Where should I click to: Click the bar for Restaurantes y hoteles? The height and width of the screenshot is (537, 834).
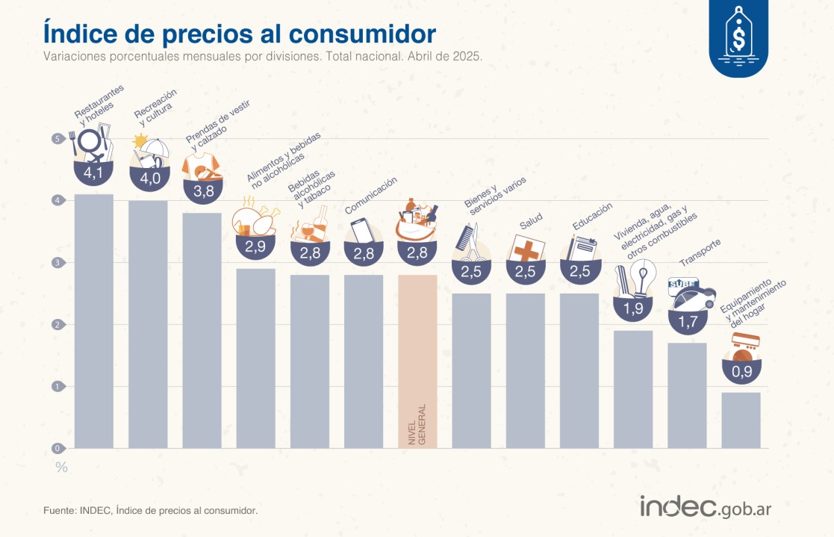point(94,321)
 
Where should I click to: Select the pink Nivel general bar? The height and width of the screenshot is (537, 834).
point(417,361)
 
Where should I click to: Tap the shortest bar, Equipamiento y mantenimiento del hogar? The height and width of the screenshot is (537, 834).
point(741,420)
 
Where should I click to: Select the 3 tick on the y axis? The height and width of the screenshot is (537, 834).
point(57,262)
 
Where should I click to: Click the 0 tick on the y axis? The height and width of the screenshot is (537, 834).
point(57,448)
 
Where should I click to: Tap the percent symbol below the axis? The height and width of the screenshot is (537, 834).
point(61,468)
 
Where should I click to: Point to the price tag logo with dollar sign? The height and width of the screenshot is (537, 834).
point(738,39)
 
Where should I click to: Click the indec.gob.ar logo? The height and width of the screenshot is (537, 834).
point(705,507)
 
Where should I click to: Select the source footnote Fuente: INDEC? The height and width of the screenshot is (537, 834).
point(150,511)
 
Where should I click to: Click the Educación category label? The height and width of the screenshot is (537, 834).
point(593,216)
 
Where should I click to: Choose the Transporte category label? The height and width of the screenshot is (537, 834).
point(700,252)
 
